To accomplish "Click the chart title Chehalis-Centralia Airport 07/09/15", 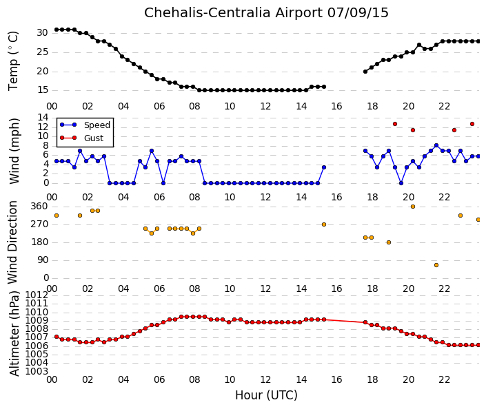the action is tap(266, 13).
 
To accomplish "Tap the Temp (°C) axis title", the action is tap(13, 61).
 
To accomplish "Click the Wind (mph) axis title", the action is tap(14, 151).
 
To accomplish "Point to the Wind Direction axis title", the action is tap(12, 242).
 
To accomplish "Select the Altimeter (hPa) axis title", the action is tap(14, 333).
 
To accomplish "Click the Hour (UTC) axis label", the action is tap(266, 395).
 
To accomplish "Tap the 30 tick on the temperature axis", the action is tap(43, 33).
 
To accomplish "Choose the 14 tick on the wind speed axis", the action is tap(43, 117).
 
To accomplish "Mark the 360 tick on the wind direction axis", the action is tap(40, 207).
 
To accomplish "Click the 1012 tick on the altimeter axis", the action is tap(37, 295).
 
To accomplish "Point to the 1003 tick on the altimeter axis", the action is tap(37, 371).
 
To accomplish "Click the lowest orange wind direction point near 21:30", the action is tap(436, 265).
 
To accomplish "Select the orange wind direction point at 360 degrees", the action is tap(412, 207).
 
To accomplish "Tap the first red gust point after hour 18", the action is tap(395, 124).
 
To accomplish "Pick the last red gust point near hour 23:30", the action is tap(472, 124).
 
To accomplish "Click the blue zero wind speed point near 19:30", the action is tap(401, 183).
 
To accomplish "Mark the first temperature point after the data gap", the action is tap(365, 72).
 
